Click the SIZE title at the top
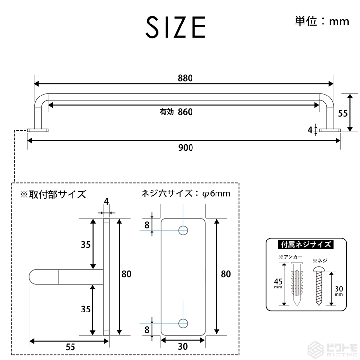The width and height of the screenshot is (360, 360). (176, 27)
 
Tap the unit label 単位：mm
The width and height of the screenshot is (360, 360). (322, 21)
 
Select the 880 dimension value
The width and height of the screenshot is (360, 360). (185, 78)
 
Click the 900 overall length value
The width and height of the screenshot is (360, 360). (186, 148)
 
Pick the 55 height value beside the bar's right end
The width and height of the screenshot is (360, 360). (343, 113)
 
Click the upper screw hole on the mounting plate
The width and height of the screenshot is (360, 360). (183, 230)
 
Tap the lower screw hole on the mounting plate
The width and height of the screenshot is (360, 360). (183, 323)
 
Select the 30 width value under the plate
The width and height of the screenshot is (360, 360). (183, 346)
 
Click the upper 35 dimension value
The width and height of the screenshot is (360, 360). (86, 245)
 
